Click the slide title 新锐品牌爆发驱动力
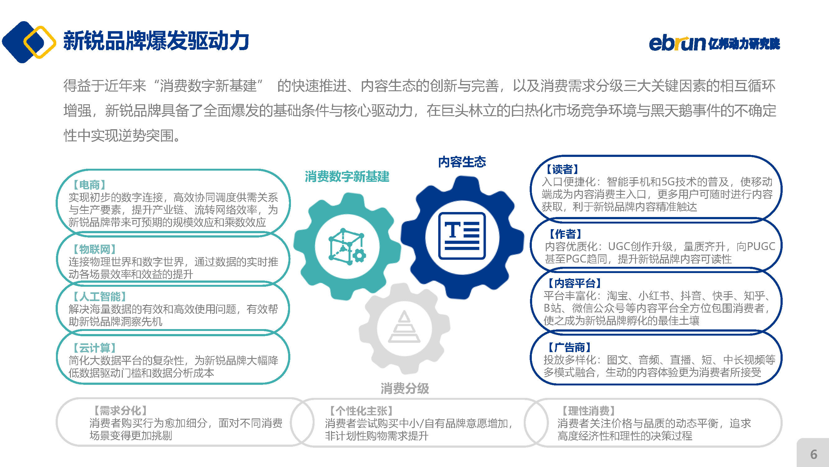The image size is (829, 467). pos(156,41)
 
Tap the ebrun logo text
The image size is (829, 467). pos(677,43)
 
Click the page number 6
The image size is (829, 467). pos(813,455)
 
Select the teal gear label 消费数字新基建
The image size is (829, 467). pos(347,177)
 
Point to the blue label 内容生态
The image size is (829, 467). pos(462,162)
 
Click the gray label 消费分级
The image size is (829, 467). pos(404,388)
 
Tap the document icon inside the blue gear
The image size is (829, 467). pos(462,236)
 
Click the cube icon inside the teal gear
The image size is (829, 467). pos(347,247)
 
